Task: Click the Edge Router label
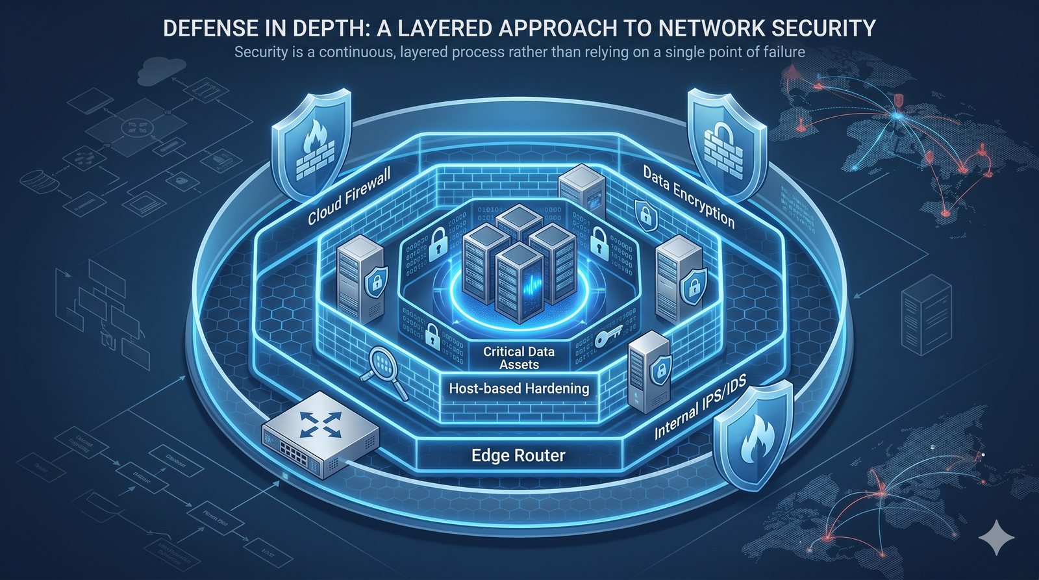tap(518, 455)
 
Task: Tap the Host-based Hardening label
tap(519, 388)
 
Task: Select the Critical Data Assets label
tap(519, 358)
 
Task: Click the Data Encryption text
tap(689, 196)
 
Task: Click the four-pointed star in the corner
tap(996, 540)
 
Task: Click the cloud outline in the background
tap(158, 67)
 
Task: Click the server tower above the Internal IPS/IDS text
tap(648, 371)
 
